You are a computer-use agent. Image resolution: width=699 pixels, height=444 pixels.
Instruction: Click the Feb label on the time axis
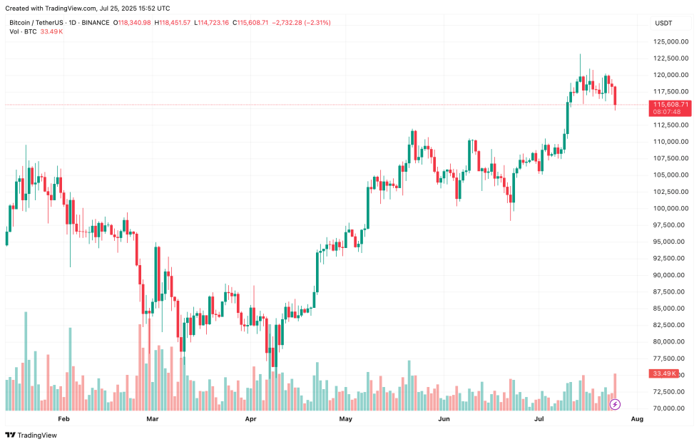[x=63, y=419]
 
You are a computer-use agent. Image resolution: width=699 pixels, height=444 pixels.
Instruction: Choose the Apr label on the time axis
[x=250, y=419]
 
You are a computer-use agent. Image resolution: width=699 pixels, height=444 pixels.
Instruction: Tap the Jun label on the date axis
[x=444, y=419]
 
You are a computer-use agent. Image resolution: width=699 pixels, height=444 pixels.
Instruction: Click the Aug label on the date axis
[x=637, y=419]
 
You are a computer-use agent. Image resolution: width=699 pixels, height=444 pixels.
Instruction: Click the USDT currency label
[x=664, y=24]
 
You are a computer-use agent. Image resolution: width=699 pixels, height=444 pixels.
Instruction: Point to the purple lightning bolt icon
[x=616, y=404]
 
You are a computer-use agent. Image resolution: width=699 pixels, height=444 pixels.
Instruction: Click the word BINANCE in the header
[x=95, y=23]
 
